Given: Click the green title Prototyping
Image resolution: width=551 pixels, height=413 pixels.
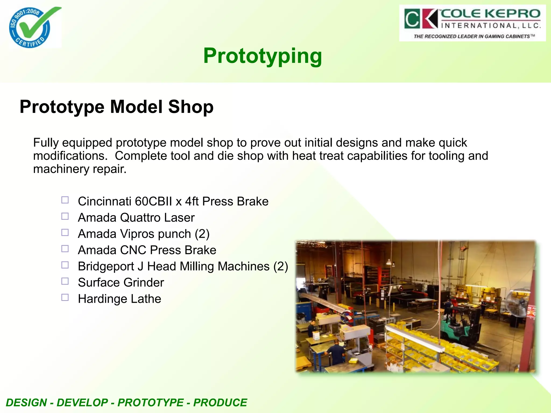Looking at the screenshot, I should point(262,56).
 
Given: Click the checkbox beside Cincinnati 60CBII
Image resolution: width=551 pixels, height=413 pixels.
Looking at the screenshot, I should point(65,200).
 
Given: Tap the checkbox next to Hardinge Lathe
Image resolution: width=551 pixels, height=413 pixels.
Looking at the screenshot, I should point(65,297).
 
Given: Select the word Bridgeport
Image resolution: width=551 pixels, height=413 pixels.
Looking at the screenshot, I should point(106,266).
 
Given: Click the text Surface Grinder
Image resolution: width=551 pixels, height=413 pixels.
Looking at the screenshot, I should point(121,283).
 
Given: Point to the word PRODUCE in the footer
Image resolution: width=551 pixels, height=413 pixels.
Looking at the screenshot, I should point(220,403).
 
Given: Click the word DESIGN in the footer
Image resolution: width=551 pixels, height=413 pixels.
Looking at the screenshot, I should point(26,403).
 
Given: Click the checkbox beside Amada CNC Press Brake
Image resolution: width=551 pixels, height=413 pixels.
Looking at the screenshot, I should point(65,249).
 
